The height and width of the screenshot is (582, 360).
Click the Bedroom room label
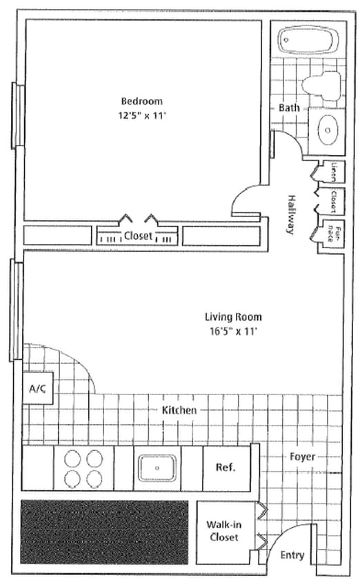tap(142, 101)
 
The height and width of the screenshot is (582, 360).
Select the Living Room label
tap(233, 317)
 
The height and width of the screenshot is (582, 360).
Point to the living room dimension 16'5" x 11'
tap(233, 331)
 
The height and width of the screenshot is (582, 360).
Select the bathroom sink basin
tap(327, 128)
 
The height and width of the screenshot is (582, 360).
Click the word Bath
tap(288, 108)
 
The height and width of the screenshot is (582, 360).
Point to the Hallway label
tap(291, 213)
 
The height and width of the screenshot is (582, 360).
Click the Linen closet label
tap(333, 170)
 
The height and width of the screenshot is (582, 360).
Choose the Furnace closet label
tap(333, 230)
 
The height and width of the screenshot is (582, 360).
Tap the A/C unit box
tap(37, 389)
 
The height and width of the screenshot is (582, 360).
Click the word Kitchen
tap(179, 410)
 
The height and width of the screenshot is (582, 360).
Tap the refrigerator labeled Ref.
tap(226, 467)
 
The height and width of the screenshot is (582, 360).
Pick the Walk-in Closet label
tap(222, 530)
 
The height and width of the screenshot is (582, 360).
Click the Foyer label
tap(302, 456)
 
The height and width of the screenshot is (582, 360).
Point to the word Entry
tap(292, 555)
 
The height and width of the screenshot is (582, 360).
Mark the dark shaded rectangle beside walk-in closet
tap(104, 530)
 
